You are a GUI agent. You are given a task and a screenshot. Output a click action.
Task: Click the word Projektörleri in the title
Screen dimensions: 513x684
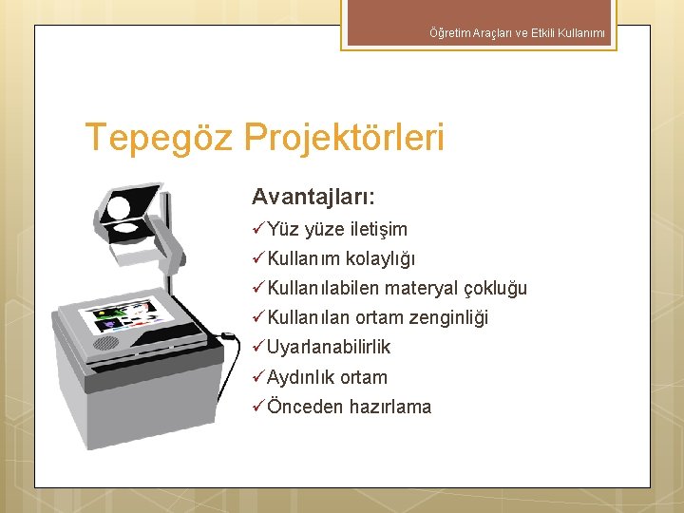click(x=344, y=138)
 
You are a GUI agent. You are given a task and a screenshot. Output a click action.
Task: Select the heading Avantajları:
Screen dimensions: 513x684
click(x=313, y=197)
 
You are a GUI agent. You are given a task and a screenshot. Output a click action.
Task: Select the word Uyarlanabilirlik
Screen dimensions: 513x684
click(x=329, y=348)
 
